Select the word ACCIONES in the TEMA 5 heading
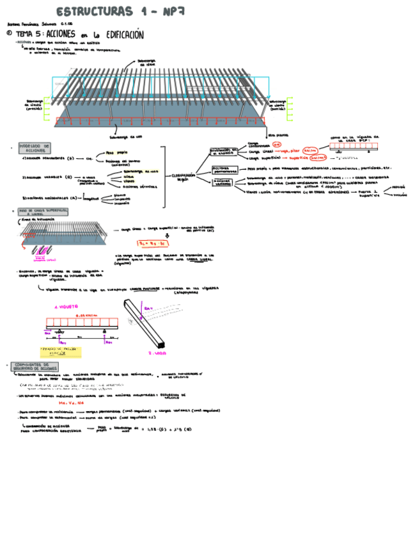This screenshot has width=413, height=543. point(61,34)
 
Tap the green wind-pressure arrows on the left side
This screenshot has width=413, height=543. point(46,109)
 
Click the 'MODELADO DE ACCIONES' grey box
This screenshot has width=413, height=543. point(35,148)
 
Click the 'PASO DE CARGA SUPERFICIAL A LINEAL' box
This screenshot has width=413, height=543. point(43,211)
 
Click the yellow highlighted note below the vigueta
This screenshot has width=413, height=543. point(61,351)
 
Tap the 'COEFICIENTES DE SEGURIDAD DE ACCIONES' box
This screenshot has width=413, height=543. point(35,367)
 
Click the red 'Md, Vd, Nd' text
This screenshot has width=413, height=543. point(66,403)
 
